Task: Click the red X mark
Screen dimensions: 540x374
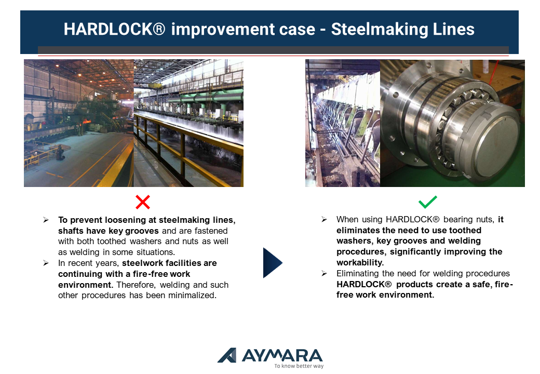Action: (143, 202)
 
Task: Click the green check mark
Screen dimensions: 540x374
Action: (427, 202)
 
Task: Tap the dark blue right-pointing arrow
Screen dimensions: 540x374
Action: (273, 263)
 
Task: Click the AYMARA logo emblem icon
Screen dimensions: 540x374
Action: (227, 355)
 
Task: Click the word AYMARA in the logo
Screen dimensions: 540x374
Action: (282, 355)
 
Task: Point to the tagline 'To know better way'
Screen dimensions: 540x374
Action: (299, 366)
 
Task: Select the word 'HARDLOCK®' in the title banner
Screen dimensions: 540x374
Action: (114, 29)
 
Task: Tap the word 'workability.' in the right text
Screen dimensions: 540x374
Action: (360, 262)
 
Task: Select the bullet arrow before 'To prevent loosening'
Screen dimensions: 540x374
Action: (46, 220)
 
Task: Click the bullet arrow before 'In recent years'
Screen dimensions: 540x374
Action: (46, 263)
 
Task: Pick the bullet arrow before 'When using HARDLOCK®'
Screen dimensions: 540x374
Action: (324, 219)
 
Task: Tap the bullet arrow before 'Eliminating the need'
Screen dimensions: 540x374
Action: (324, 273)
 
